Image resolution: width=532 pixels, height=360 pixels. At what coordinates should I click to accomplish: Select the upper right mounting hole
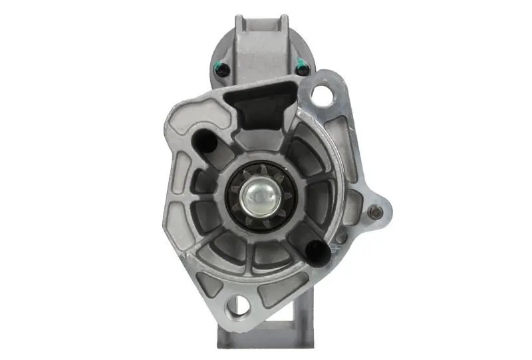click(x=323, y=94)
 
